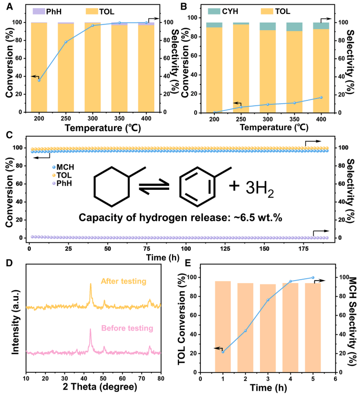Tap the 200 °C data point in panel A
coord(39,80)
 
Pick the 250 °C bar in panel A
coord(66,67)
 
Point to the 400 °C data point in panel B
coord(321,98)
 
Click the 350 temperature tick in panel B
coord(294,118)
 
